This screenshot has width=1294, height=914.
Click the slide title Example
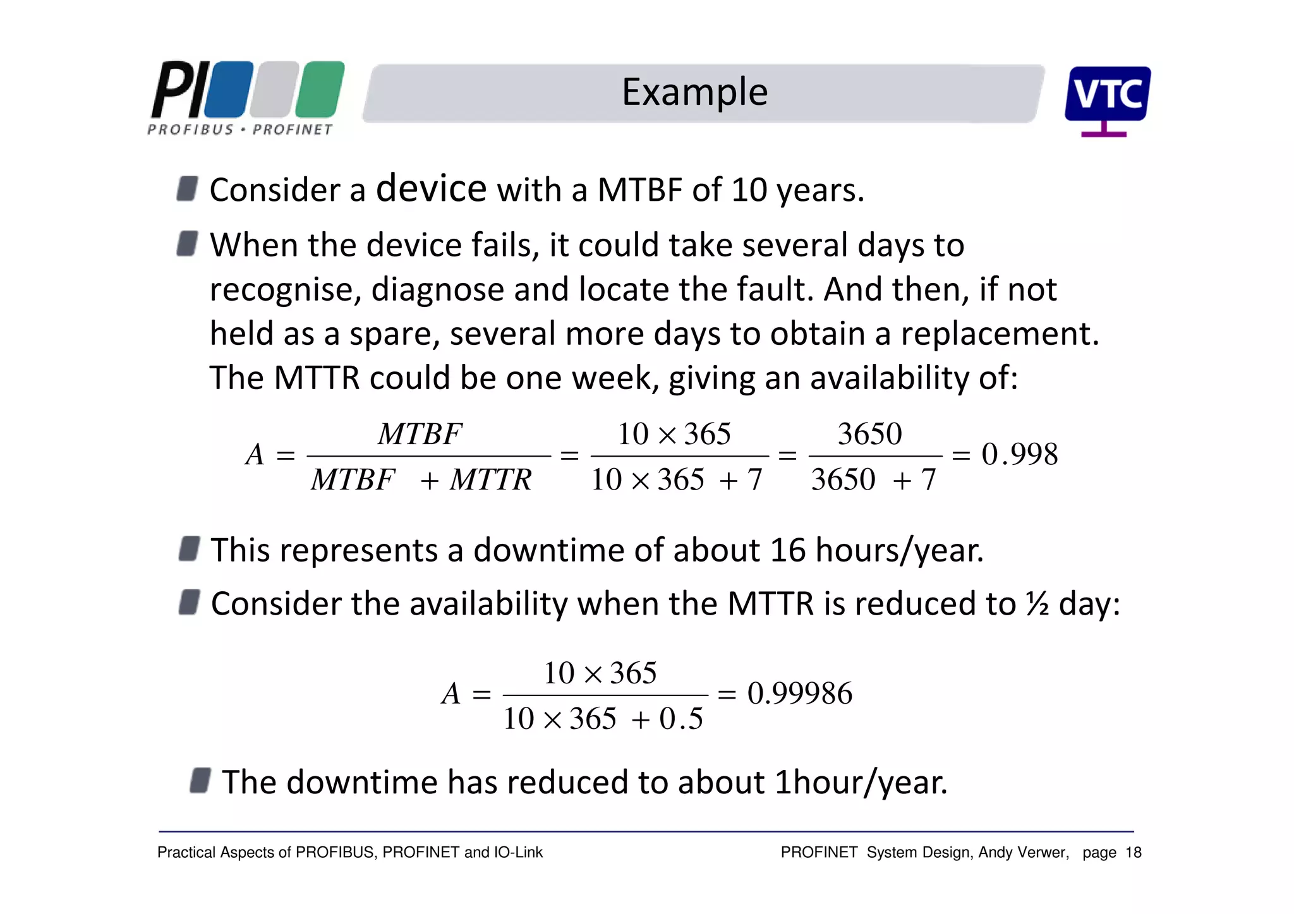click(x=694, y=92)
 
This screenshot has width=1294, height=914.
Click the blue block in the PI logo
click(x=229, y=90)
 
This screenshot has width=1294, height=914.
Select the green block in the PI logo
click(x=320, y=90)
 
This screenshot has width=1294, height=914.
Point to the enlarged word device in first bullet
click(x=432, y=188)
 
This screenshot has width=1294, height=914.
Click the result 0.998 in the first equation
click(x=1019, y=454)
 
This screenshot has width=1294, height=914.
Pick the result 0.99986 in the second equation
click(x=799, y=694)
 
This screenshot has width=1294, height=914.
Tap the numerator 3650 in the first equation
click(x=869, y=434)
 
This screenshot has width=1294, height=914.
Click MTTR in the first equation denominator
click(x=490, y=480)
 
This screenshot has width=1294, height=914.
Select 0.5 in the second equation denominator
click(x=681, y=719)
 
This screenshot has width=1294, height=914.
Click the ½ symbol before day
click(x=1037, y=604)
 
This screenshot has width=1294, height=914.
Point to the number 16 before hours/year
click(x=787, y=550)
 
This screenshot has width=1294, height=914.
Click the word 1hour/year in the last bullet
click(x=861, y=783)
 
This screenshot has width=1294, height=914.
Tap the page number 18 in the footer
click(x=1134, y=853)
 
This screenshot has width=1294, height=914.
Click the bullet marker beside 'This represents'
click(x=189, y=548)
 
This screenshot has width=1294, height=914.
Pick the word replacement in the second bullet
click(x=999, y=334)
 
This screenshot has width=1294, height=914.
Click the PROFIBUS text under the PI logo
click(x=190, y=130)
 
